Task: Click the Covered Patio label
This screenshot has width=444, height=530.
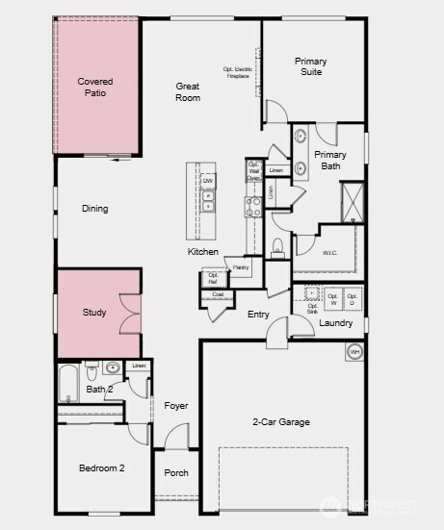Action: point(95,88)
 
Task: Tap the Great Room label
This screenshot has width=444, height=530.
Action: point(188,92)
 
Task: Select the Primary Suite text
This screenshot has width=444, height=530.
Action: point(310,66)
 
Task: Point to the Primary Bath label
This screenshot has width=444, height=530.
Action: point(330,160)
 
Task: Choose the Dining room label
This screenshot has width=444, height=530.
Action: point(95,209)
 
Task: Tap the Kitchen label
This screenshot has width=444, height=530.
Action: point(203,252)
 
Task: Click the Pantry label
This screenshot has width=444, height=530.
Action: point(241,267)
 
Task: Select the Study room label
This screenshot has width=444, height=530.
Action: point(94,313)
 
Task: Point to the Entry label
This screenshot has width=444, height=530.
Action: point(258,315)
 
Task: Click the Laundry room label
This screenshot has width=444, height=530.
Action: point(336,323)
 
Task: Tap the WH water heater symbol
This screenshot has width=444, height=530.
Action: point(353,352)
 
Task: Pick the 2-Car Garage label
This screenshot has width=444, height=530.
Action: point(281,421)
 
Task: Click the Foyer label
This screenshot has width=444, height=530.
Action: point(175,406)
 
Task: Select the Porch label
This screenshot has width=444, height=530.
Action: point(176,473)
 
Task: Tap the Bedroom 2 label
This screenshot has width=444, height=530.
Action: point(101,468)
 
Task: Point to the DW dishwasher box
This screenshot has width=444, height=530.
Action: point(207,181)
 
